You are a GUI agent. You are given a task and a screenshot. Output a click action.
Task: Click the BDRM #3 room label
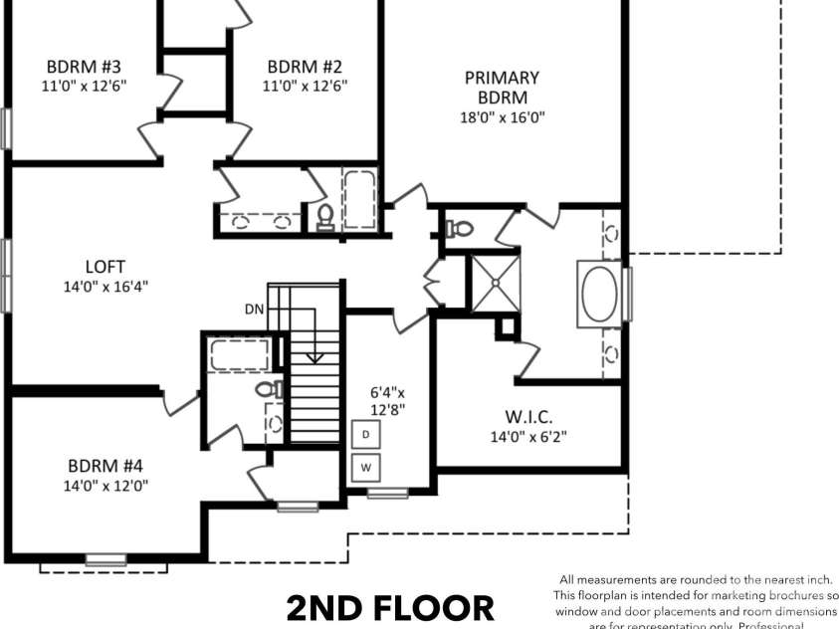pos(83,67)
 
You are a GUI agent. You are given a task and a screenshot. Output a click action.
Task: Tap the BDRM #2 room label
pos(306,67)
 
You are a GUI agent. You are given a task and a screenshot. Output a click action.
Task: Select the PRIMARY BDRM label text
pos(502,87)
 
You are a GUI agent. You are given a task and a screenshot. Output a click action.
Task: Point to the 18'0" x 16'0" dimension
pos(502,116)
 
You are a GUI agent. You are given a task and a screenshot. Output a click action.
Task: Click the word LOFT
pos(105,267)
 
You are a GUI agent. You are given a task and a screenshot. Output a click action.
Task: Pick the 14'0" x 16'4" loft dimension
pos(105,287)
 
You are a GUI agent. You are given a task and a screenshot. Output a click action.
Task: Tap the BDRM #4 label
pos(105,466)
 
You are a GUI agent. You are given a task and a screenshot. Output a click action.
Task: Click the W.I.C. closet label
pos(527,416)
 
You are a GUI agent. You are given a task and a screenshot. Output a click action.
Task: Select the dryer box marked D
pos(365,435)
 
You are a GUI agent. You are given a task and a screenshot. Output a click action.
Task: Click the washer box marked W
pos(365,466)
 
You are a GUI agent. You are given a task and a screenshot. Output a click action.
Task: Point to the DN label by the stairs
pos(254,309)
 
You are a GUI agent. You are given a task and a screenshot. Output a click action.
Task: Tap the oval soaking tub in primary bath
pos(600,293)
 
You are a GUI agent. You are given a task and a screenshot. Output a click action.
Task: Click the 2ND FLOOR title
pos(389,608)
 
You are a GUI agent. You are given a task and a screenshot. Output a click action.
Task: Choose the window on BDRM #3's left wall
pos(5,127)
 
